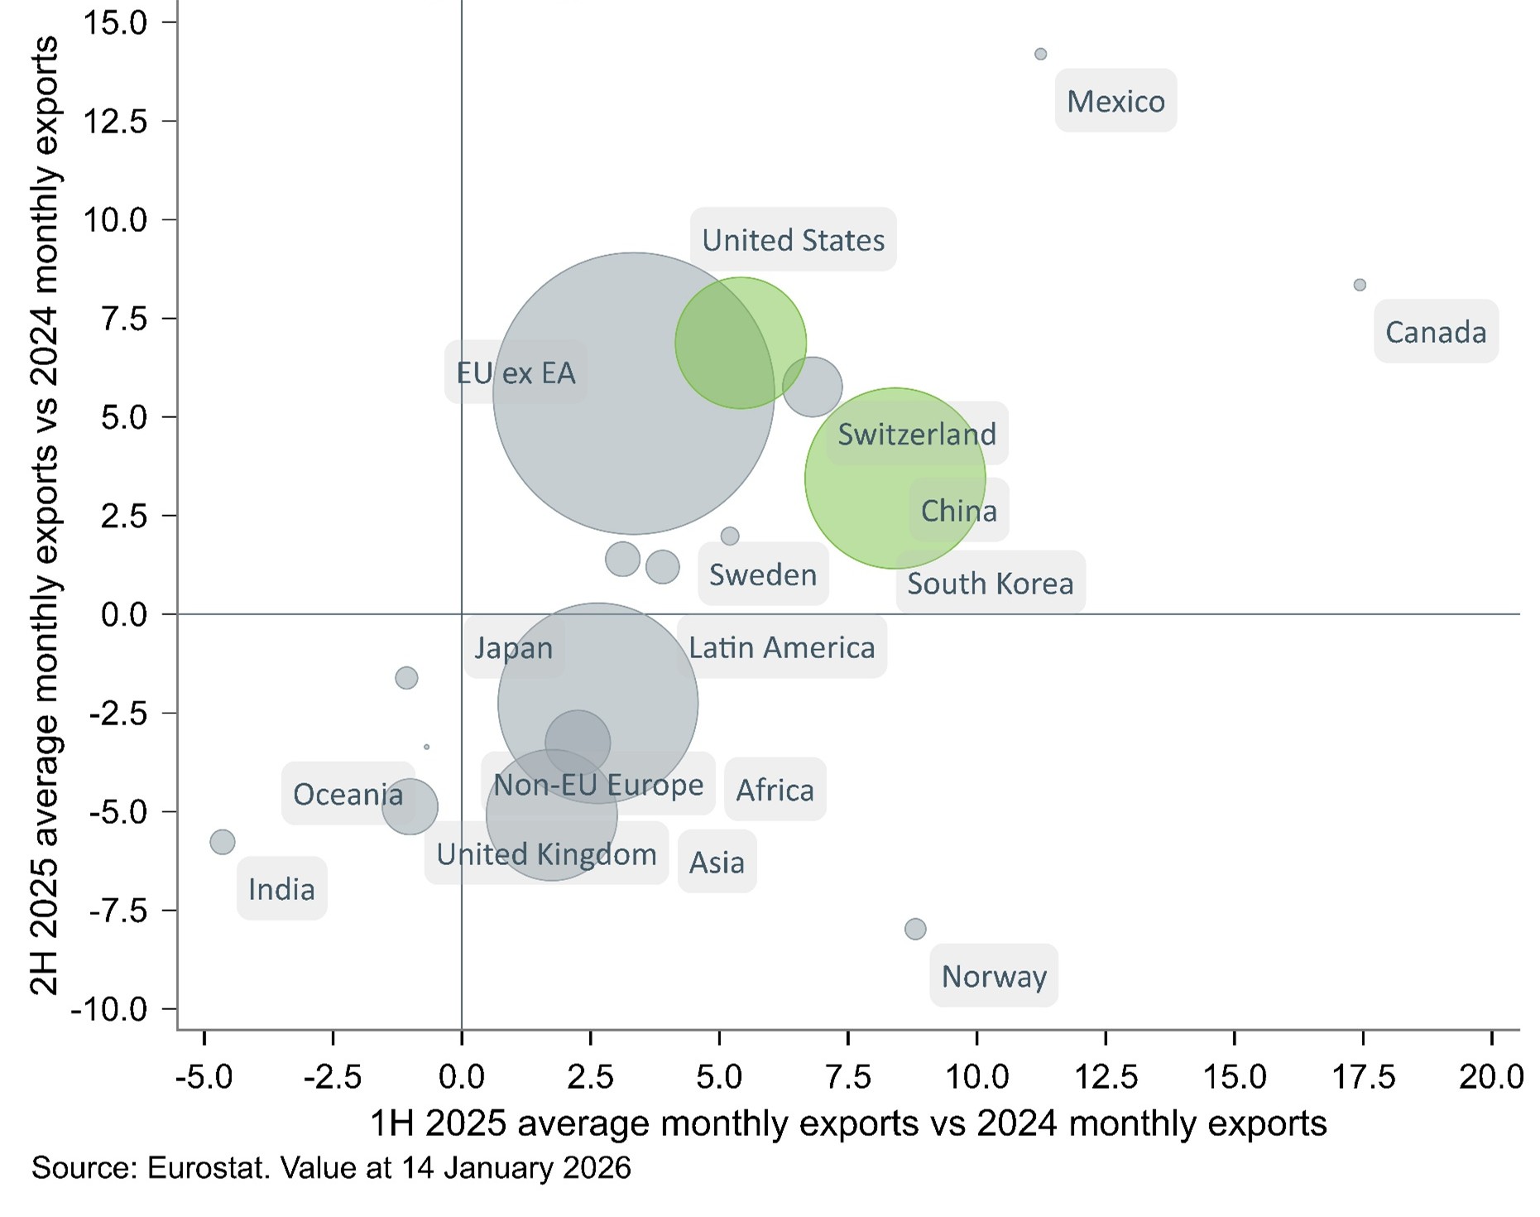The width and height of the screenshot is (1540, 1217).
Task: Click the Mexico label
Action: coord(1115,101)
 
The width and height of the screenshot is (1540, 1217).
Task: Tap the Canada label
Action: coord(1436,332)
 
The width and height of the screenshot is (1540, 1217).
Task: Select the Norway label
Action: coord(994,976)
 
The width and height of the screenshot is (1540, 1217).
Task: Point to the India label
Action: coord(281,889)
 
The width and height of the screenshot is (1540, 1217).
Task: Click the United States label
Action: coord(793,240)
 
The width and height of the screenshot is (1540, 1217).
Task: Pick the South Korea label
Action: coord(990,583)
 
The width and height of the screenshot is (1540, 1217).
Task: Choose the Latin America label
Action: coord(781,647)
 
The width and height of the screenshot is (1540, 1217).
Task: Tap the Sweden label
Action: coord(762,575)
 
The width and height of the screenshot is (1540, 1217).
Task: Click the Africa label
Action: coord(775,790)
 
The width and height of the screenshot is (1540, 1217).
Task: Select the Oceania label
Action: coord(348,794)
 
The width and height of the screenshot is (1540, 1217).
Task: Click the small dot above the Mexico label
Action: coord(1040,55)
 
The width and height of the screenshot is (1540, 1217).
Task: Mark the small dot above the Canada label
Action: coord(1360,285)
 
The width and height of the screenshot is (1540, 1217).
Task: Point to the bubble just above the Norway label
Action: coord(915,929)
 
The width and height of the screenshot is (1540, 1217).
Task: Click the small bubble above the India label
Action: coord(223,842)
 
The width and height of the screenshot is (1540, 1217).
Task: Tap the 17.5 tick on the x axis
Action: coord(1363,1077)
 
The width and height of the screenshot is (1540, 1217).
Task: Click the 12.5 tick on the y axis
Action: coord(115,122)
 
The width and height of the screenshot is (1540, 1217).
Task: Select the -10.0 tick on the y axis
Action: coord(109,1009)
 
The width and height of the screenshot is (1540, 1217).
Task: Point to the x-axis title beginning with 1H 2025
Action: coord(847,1123)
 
